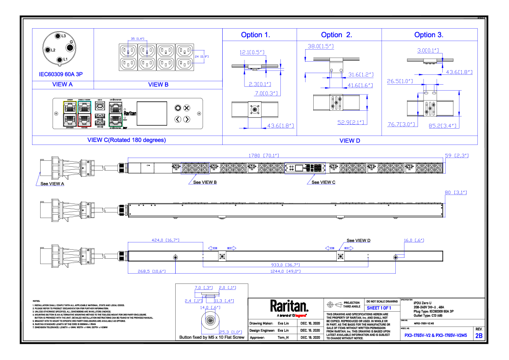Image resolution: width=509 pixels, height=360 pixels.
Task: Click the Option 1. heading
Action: [x=256, y=35]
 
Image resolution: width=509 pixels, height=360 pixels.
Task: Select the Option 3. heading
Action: [x=429, y=35]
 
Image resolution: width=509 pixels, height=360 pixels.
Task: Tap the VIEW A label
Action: [x=62, y=85]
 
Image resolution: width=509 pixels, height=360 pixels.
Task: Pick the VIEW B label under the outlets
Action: [x=158, y=85]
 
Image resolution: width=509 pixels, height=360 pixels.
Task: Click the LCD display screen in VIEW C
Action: [x=152, y=113]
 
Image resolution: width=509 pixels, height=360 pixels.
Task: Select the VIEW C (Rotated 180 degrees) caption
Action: [x=127, y=140]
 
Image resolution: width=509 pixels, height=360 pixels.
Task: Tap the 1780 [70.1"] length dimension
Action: [x=261, y=156]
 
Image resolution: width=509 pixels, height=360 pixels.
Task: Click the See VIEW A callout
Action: [x=52, y=184]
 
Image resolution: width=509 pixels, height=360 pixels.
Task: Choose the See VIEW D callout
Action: [x=358, y=241]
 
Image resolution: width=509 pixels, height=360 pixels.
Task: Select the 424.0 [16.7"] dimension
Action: [x=166, y=241]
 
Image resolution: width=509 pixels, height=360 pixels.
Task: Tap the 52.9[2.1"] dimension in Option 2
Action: [x=350, y=123]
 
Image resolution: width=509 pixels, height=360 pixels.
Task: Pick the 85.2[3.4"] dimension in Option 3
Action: [x=442, y=126]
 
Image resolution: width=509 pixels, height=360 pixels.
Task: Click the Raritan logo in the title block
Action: [x=289, y=306]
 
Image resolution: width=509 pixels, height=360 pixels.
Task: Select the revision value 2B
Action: [x=479, y=336]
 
